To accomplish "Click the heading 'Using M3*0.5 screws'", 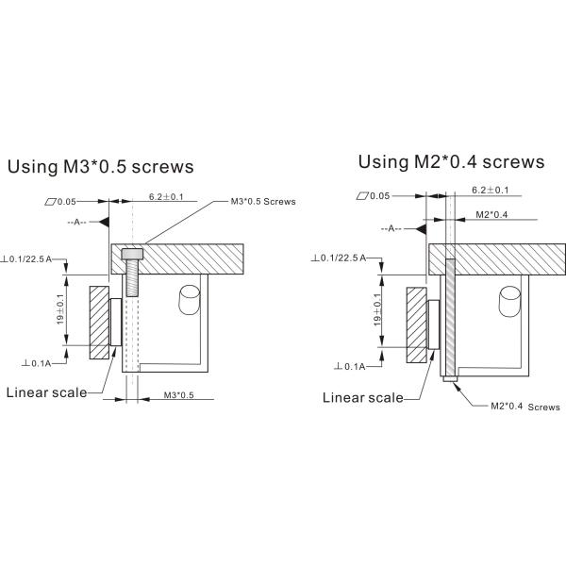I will (100, 168).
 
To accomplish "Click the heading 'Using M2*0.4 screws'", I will (451, 161).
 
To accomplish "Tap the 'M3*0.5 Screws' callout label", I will (263, 202).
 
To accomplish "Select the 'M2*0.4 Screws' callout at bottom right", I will (524, 407).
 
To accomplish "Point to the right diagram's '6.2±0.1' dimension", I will (490, 190).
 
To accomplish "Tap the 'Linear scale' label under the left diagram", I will (46, 392).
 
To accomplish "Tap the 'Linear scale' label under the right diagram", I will (363, 397).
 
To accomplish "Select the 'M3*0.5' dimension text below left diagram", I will (178, 394).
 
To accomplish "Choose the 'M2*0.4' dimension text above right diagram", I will (492, 215).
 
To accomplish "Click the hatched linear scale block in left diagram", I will (99, 324).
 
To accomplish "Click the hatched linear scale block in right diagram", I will (416, 324).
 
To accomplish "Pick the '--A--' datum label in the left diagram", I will (78, 223).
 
